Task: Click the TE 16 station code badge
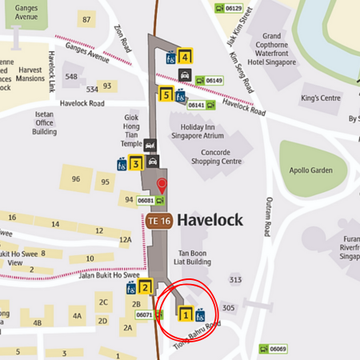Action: [158, 219]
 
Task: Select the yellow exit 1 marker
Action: [185, 314]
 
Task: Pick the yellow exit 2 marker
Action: [146, 287]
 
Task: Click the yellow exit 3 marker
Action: [136, 164]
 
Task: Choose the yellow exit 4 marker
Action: [185, 56]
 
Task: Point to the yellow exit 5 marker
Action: [166, 95]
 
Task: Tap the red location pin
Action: [162, 186]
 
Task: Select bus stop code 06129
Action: [233, 8]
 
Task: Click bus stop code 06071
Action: [145, 314]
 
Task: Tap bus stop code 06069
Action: [278, 349]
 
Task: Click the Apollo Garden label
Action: [303, 172]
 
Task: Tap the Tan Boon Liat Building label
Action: [193, 257]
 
